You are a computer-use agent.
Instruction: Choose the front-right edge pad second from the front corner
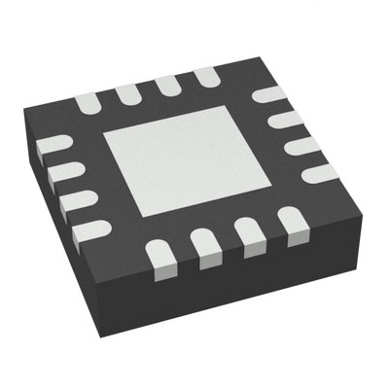point(204,245)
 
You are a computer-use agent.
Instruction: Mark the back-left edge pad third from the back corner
point(126,91)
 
